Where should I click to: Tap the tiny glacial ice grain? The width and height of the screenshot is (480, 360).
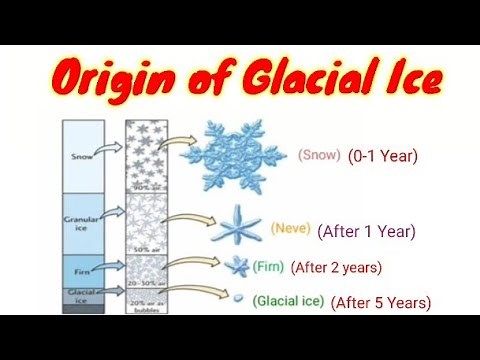tap(236, 299)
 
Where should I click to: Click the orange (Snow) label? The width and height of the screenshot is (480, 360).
tap(319, 155)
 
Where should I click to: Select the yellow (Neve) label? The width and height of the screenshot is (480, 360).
tap(291, 229)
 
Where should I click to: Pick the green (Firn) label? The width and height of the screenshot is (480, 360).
tap(266, 267)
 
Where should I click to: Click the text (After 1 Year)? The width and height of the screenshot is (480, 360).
tap(366, 231)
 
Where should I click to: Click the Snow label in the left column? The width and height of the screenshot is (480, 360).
tap(82, 155)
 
